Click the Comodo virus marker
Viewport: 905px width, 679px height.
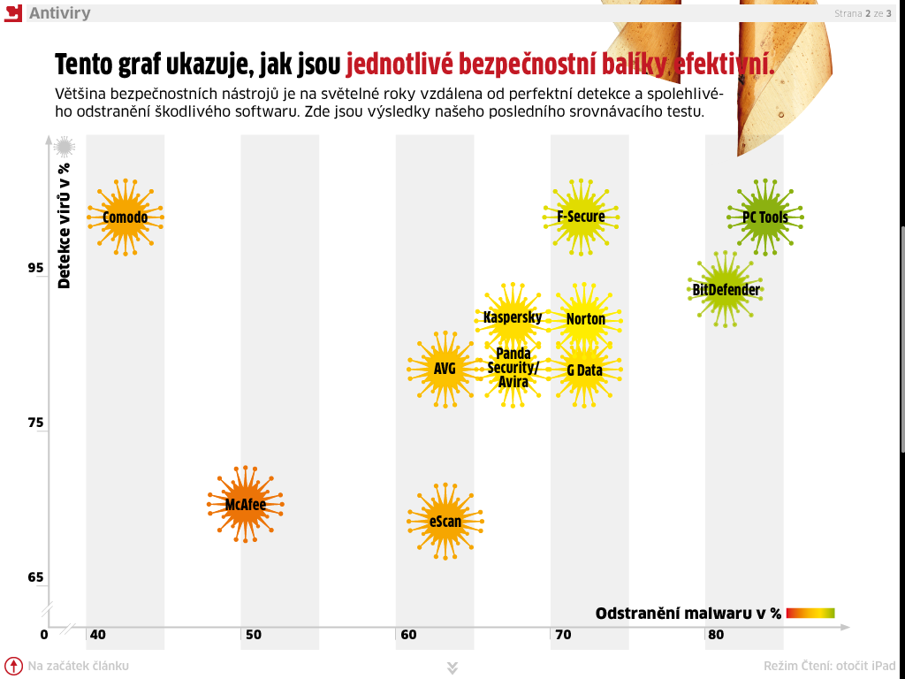tap(125, 217)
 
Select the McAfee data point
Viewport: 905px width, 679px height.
tap(245, 505)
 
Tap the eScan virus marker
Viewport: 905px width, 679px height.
tap(445, 521)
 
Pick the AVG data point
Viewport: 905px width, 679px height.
tap(445, 368)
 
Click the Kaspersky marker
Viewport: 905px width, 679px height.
tap(513, 317)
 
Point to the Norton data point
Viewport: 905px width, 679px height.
tap(585, 319)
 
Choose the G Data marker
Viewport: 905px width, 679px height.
tap(584, 370)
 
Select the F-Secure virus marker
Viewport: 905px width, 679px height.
tap(581, 217)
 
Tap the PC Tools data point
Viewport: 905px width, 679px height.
tap(764, 217)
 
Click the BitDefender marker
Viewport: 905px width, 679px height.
tap(726, 289)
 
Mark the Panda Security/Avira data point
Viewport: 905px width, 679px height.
tap(513, 368)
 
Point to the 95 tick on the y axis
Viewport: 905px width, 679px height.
tap(36, 268)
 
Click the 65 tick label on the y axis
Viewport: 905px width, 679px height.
tap(36, 578)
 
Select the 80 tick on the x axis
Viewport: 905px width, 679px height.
tap(716, 635)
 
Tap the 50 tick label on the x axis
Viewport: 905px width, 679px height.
tap(253, 635)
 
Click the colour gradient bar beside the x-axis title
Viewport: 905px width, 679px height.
tap(810, 613)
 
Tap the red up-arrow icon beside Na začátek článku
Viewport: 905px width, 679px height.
tap(13, 666)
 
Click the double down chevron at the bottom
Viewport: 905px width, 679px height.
tap(452, 668)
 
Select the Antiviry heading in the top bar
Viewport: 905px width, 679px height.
tap(59, 13)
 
